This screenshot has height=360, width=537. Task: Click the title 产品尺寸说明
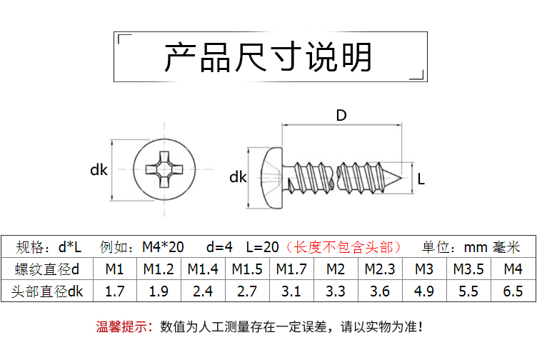tap(268, 57)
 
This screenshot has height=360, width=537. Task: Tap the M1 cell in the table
tap(115, 269)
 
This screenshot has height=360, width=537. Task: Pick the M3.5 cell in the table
tap(468, 269)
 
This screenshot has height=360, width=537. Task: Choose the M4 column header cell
tap(513, 269)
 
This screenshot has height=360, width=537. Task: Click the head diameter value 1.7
tap(115, 291)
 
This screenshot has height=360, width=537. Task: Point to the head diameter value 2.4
tap(203, 291)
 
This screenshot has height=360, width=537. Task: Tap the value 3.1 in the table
tap(291, 291)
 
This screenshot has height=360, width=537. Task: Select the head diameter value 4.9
tap(424, 291)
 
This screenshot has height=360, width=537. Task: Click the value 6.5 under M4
tap(513, 291)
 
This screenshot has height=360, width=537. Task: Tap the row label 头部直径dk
tap(47, 291)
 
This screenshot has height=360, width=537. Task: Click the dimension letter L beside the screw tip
tap(421, 179)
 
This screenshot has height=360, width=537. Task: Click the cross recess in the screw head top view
tap(164, 170)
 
